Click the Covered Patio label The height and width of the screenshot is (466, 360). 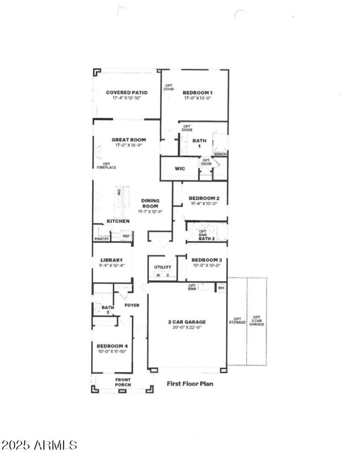[x=126, y=93]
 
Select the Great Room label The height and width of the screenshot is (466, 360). [x=129, y=140]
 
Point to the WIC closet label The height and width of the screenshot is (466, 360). [x=180, y=169]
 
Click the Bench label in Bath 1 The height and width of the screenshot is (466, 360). [x=220, y=154]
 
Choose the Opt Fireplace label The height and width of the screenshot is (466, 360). [x=107, y=166]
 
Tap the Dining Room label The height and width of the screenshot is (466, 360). [x=151, y=204]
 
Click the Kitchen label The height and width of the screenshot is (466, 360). [x=118, y=221]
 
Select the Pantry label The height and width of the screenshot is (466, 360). [x=101, y=239]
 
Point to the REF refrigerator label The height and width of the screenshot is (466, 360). [x=126, y=236]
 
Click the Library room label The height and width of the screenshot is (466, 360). [x=112, y=260]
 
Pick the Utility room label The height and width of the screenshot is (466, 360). [x=163, y=267]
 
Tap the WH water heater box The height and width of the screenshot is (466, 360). [x=221, y=288]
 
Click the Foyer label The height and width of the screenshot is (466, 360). [x=132, y=305]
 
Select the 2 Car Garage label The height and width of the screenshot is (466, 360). [x=187, y=322]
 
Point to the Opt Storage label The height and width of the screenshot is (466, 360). [x=237, y=321]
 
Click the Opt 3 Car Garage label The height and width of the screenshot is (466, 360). [x=256, y=321]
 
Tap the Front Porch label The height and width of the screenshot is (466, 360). [x=123, y=382]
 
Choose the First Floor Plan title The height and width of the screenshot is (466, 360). [x=190, y=384]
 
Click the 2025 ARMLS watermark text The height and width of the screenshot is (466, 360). [x=39, y=446]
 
